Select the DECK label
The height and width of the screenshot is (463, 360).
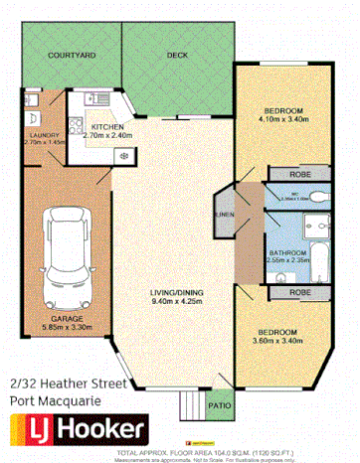pos(177,57)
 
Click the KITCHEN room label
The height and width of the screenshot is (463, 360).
pos(106,128)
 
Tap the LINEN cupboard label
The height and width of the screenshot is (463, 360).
pos(226,216)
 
